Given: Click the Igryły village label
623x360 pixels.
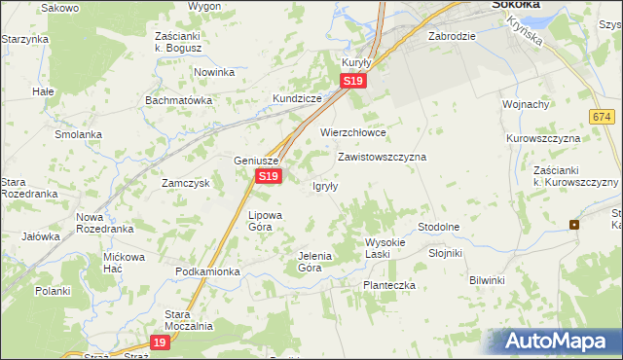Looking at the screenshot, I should (325, 187).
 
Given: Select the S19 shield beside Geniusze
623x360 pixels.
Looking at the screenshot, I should (270, 176).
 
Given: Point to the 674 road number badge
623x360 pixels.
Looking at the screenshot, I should (600, 116).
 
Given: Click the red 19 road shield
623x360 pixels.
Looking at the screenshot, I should (161, 342).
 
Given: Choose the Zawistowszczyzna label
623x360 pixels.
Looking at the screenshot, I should (382, 156).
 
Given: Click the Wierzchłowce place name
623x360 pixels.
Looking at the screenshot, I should (353, 132).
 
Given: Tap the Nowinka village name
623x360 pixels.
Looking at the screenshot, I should (214, 72).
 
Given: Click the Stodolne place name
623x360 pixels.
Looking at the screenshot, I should (438, 227).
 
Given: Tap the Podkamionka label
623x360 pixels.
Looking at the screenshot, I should (207, 271).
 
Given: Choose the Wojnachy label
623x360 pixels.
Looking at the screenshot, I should (526, 104).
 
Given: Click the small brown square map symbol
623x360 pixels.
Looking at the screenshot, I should (574, 225).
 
